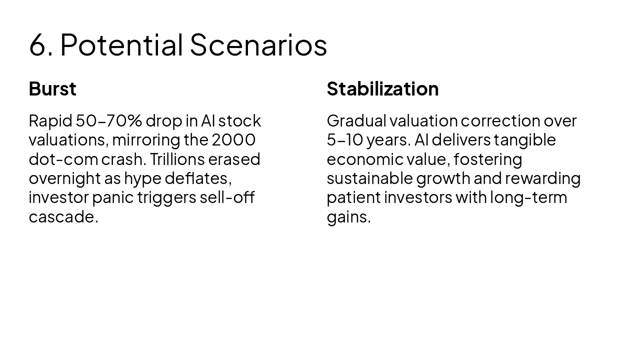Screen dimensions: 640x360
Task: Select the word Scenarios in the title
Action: [258, 44]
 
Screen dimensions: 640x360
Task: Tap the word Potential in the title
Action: [121, 44]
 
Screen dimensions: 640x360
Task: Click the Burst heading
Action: [52, 89]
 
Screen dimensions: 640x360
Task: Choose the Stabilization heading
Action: [382, 89]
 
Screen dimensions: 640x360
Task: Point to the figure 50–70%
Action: [109, 121]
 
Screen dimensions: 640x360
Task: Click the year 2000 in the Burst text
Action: [233, 140]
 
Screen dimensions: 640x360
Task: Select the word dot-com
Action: [63, 159]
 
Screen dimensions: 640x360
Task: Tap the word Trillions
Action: [177, 159]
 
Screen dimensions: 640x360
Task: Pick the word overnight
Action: [65, 179]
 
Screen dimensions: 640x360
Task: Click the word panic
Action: [113, 198]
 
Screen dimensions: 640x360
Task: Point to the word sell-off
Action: [227, 197]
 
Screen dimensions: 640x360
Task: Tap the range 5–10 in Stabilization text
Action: [345, 140]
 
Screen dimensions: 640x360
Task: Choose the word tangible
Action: [525, 140]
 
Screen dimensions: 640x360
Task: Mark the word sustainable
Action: [369, 178]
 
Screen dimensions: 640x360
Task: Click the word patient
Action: [353, 198]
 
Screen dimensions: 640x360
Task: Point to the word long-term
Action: [528, 198]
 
